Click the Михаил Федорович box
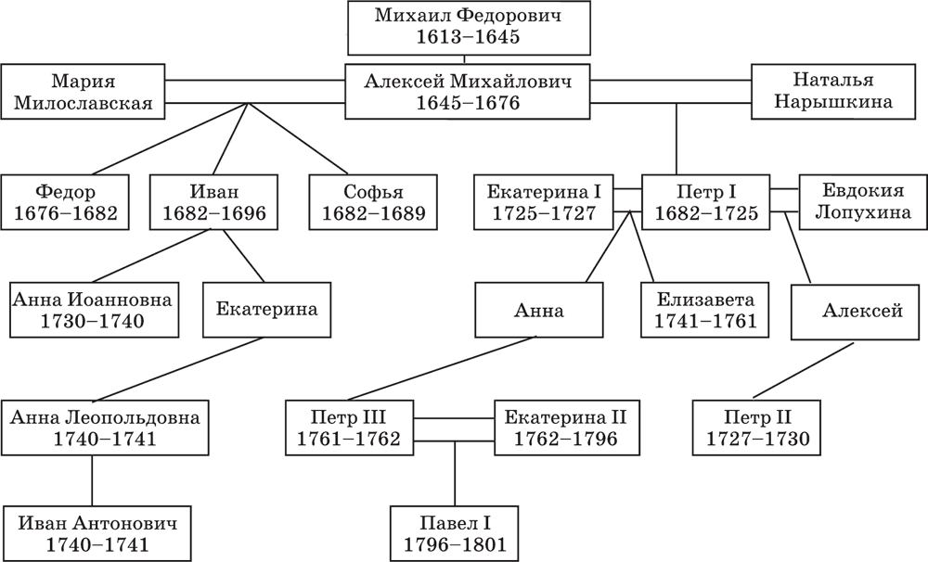(x=469, y=27)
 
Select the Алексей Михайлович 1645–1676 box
(x=468, y=92)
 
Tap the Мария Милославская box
(x=83, y=92)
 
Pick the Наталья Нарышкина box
(x=833, y=92)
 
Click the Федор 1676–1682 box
(x=65, y=202)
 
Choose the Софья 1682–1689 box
(x=373, y=202)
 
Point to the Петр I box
(x=706, y=202)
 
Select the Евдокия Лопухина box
(x=863, y=202)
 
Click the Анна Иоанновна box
(x=94, y=310)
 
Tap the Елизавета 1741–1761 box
(x=705, y=310)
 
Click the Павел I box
(x=455, y=533)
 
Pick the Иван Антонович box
(x=97, y=533)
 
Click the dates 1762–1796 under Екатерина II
(x=565, y=439)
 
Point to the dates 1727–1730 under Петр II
(x=757, y=439)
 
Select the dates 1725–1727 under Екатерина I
(x=544, y=213)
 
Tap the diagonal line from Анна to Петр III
(x=442, y=368)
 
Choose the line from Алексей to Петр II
(x=803, y=370)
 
